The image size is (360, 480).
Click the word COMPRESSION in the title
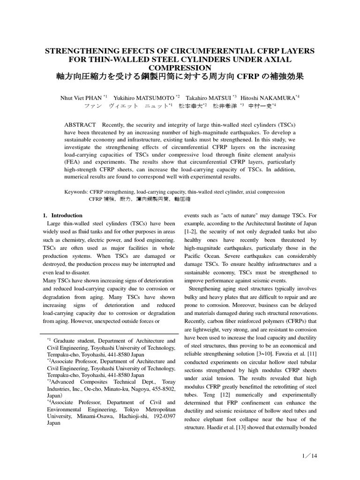pyautogui.click(x=180, y=67)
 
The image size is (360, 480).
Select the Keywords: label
pyautogui.click(x=75, y=192)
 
